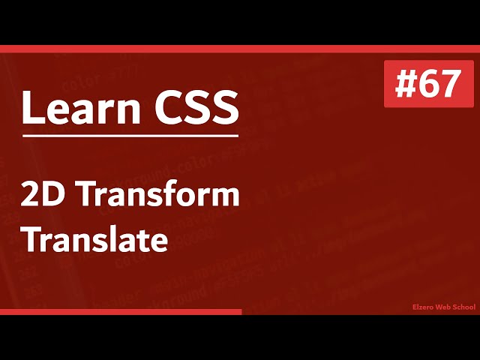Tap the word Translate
94,241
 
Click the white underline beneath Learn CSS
130,136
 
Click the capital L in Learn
30,109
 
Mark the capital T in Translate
31,241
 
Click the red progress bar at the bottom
120,311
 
